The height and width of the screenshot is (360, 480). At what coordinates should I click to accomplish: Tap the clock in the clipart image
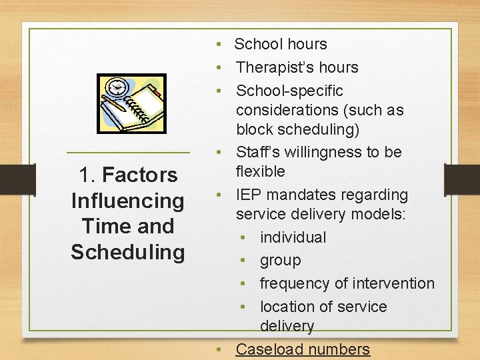(118, 87)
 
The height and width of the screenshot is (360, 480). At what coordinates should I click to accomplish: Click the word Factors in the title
(140, 175)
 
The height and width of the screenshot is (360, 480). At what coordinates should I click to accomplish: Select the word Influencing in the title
(127, 201)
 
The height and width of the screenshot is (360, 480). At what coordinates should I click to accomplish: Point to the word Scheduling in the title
(127, 252)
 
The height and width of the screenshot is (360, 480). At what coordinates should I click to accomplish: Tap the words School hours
(281, 45)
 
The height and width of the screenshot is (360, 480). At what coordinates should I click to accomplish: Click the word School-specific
(289, 91)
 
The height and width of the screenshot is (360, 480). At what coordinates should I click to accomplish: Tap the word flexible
(260, 171)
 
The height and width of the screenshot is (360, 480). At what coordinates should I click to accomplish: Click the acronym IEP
(249, 195)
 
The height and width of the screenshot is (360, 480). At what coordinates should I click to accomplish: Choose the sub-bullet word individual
(293, 237)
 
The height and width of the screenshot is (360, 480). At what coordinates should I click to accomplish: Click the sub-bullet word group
(280, 261)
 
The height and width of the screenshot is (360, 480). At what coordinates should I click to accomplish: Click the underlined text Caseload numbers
(303, 349)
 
